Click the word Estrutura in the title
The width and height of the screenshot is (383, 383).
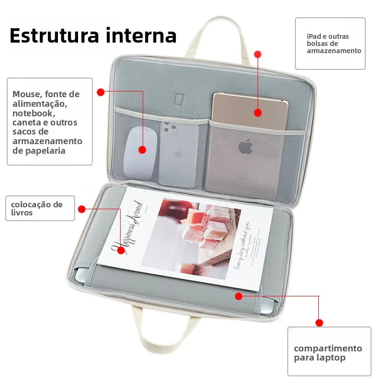[53, 36]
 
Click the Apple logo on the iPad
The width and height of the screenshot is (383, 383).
[246, 146]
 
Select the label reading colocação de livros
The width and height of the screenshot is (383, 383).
[40, 208]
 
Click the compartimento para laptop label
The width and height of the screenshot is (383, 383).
[328, 353]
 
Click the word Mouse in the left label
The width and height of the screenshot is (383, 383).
[26, 94]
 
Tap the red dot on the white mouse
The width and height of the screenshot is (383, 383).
[142, 150]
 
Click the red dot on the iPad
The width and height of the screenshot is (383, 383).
[258, 113]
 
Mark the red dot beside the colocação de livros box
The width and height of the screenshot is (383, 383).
[82, 209]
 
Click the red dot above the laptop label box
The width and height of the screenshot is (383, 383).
[319, 323]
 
